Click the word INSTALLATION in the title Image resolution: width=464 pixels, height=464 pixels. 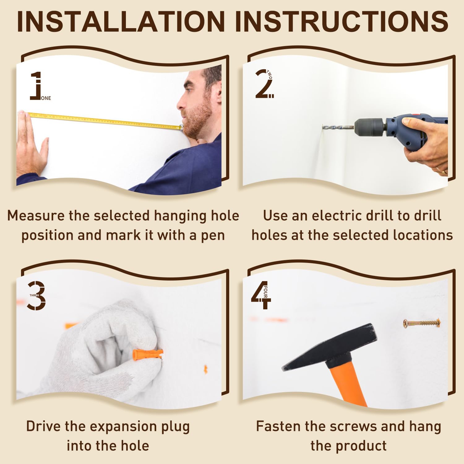click(x=121, y=21)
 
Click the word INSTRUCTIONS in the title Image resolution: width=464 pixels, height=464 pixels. click(x=342, y=21)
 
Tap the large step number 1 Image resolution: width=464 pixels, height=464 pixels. click(x=36, y=86)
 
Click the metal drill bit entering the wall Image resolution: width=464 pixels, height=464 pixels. click(x=338, y=127)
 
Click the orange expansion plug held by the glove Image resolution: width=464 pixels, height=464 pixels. click(x=147, y=354)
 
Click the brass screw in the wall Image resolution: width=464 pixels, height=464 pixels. click(x=422, y=324)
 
